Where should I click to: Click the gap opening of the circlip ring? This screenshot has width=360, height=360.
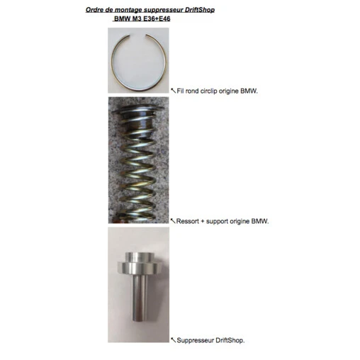(137, 35)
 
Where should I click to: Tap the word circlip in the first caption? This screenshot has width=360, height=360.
(209, 91)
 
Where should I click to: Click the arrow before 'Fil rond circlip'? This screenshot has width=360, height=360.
(173, 91)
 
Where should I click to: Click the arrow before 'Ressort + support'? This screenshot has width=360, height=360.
(173, 221)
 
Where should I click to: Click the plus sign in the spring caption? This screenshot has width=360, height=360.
(203, 222)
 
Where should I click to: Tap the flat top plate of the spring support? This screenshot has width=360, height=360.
(138, 109)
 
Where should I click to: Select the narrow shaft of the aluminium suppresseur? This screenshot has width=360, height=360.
(140, 298)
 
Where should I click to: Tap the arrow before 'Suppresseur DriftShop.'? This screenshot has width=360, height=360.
(173, 340)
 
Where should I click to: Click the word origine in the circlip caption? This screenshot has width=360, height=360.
(229, 91)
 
